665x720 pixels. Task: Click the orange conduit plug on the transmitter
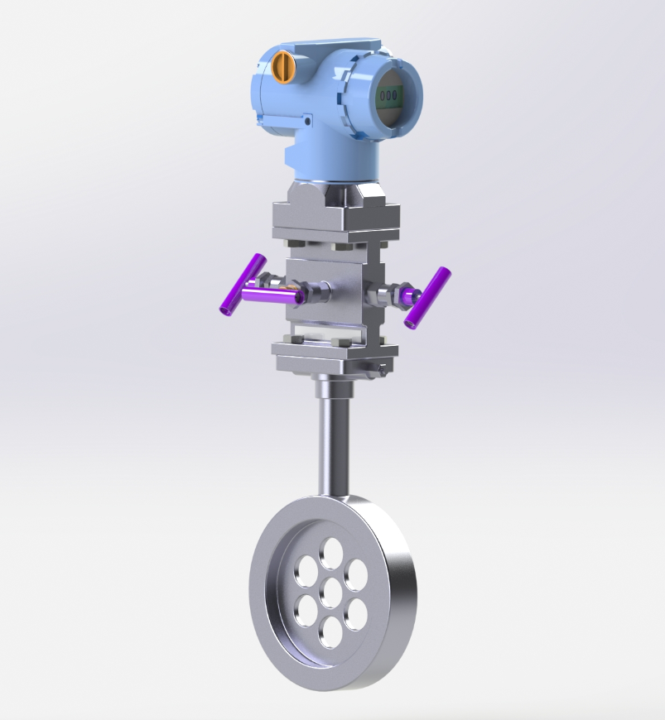tap(282, 67)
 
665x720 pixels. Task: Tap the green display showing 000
tap(388, 95)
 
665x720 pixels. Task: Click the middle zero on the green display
tap(388, 95)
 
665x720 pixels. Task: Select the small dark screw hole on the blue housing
tap(307, 122)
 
